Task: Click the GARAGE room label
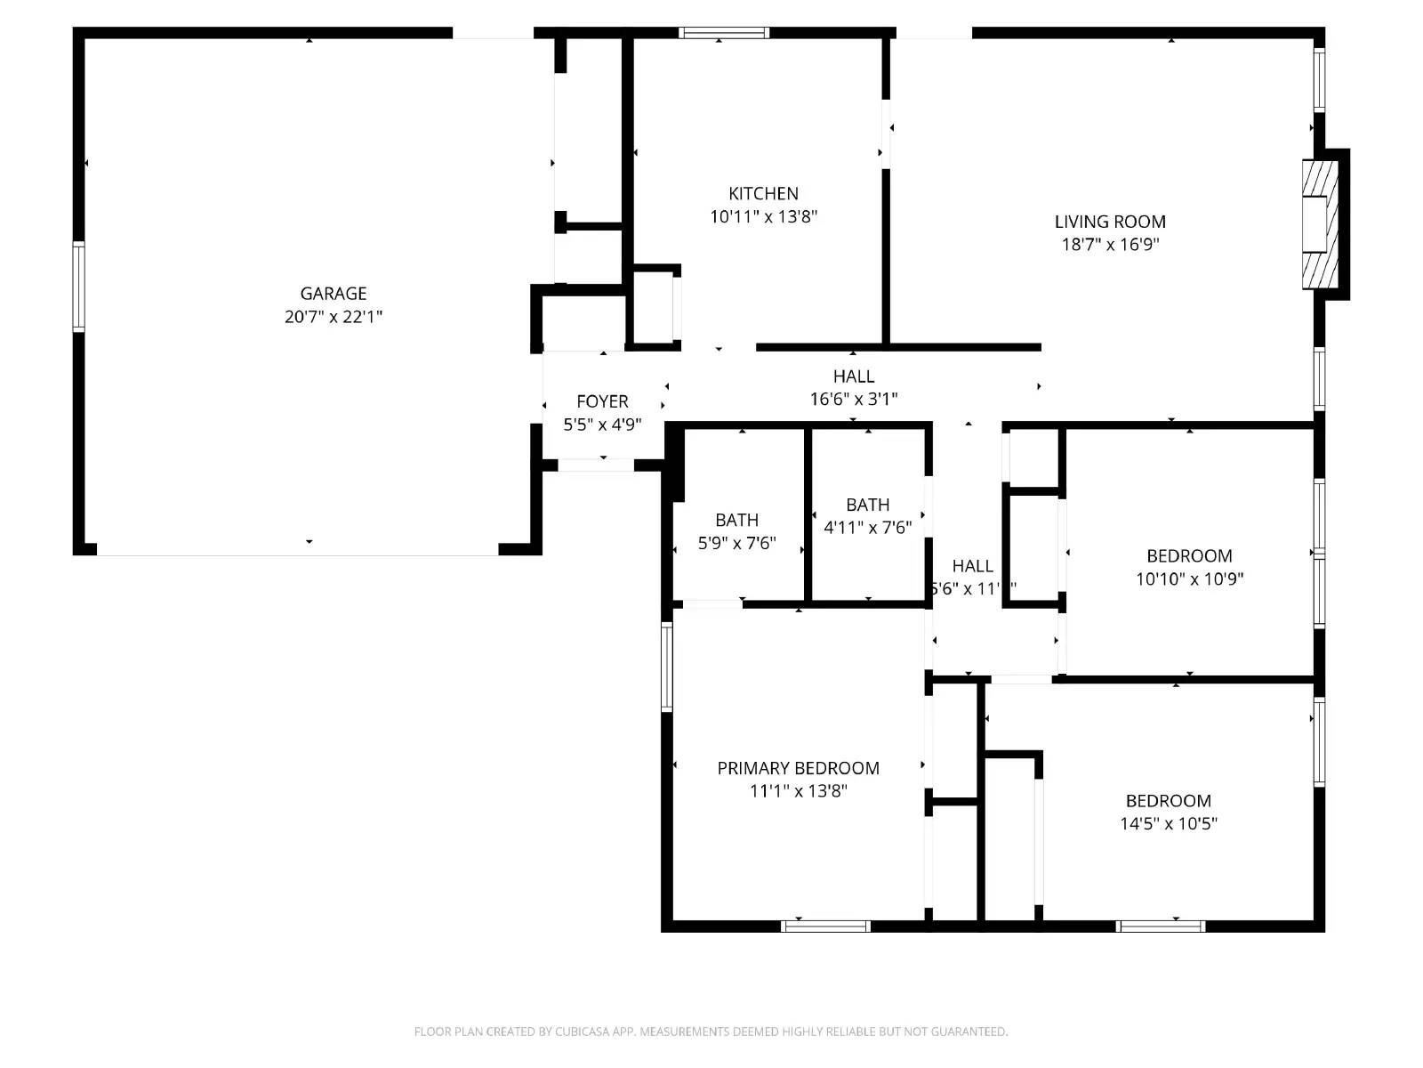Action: pyautogui.click(x=334, y=294)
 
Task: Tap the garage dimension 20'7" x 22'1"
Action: pyautogui.click(x=334, y=317)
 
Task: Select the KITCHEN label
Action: pyautogui.click(x=763, y=194)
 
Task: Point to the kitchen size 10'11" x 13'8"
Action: pyautogui.click(x=763, y=216)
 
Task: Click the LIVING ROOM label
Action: pyautogui.click(x=1110, y=222)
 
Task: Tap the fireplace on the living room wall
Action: pyautogui.click(x=1322, y=224)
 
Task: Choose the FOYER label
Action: pyautogui.click(x=602, y=401)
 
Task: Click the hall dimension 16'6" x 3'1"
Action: pyautogui.click(x=853, y=400)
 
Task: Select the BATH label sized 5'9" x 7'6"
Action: pyautogui.click(x=736, y=520)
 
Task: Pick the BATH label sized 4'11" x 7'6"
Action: pyautogui.click(x=867, y=505)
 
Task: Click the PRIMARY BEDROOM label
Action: pyautogui.click(x=798, y=768)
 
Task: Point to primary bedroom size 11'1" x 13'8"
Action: pyautogui.click(x=798, y=791)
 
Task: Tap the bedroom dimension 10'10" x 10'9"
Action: pyautogui.click(x=1189, y=579)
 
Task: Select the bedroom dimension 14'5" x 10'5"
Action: pyautogui.click(x=1168, y=824)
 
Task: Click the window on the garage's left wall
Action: pyautogui.click(x=78, y=287)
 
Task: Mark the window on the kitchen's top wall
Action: pyautogui.click(x=724, y=33)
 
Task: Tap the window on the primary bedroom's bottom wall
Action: pyautogui.click(x=825, y=926)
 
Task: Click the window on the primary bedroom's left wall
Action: pyautogui.click(x=666, y=667)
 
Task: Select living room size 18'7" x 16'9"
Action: pyautogui.click(x=1110, y=245)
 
